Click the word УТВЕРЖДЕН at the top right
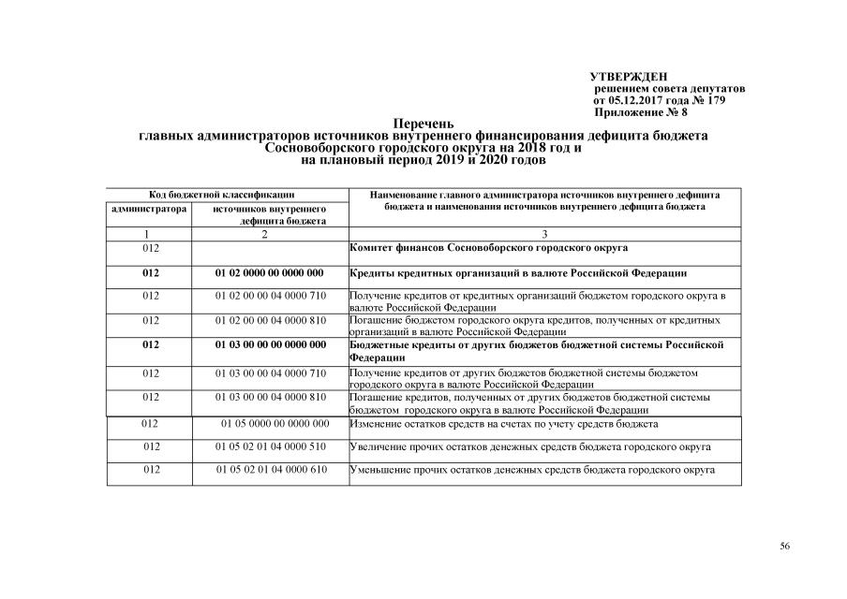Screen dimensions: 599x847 point(629,76)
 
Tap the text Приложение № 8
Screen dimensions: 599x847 point(641,111)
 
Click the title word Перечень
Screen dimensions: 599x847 point(423,124)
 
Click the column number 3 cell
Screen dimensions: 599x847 point(544,234)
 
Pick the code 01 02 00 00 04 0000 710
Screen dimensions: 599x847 point(270,296)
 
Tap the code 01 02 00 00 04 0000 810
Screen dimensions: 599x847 point(270,320)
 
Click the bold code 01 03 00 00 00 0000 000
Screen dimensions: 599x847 point(270,344)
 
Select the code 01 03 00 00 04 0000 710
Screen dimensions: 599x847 point(270,373)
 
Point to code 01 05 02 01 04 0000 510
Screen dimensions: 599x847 point(271,446)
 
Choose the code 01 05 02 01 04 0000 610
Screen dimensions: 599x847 point(271,469)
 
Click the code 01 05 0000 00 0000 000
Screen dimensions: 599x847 point(275,424)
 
